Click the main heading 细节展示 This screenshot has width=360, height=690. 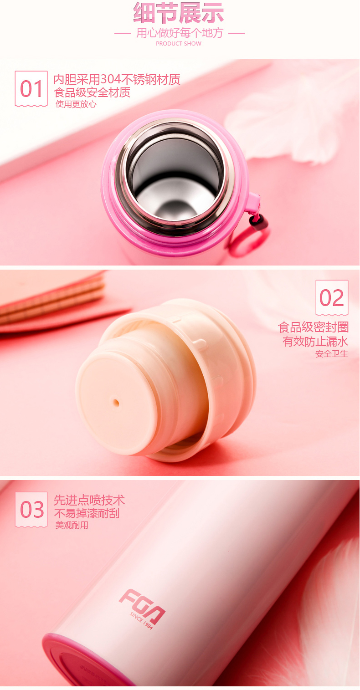tap(179, 13)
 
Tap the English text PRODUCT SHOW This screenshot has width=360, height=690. tap(179, 44)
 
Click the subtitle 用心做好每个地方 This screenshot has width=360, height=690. tap(180, 33)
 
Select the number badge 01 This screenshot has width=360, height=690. tap(31, 89)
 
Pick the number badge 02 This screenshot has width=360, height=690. tap(332, 297)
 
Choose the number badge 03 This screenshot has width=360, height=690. tap(31, 510)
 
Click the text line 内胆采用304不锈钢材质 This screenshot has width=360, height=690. tap(117, 79)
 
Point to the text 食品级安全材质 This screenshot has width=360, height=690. tap(92, 92)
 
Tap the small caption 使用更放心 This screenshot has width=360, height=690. tap(76, 104)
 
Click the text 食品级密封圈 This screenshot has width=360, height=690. tap(313, 327)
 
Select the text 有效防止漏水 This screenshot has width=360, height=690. tap(315, 341)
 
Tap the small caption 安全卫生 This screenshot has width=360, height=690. tap(332, 353)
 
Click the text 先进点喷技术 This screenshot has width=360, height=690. tap(89, 500)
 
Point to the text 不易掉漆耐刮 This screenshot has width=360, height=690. tap(87, 513)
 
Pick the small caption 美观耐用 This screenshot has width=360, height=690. tap(72, 525)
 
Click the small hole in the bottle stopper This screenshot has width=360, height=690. tap(116, 403)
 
